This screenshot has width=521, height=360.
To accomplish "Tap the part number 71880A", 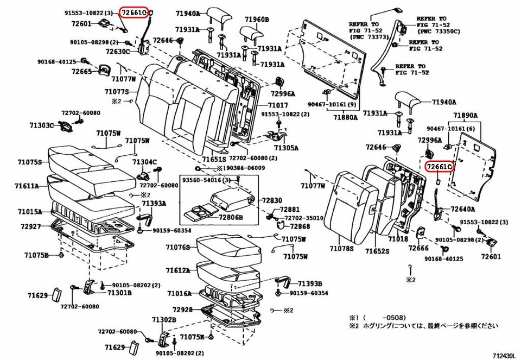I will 345,117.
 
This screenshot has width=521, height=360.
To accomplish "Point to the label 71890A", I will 465,116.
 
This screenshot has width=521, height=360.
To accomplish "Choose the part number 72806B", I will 231,217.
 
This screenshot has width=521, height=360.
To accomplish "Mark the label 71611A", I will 28,185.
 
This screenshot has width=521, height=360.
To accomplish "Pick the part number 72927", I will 31,225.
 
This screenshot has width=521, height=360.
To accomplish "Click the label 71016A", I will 179,293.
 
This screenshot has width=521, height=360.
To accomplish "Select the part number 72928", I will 183,310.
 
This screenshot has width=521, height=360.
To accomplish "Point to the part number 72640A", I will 463,209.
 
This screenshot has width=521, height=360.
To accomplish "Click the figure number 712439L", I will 504,356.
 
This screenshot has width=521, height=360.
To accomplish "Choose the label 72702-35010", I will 305,218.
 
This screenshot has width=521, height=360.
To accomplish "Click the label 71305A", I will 286,147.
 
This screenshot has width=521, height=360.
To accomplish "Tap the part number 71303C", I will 42,125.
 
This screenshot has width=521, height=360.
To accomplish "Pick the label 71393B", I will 310,283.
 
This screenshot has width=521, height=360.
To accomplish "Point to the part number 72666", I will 419,248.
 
